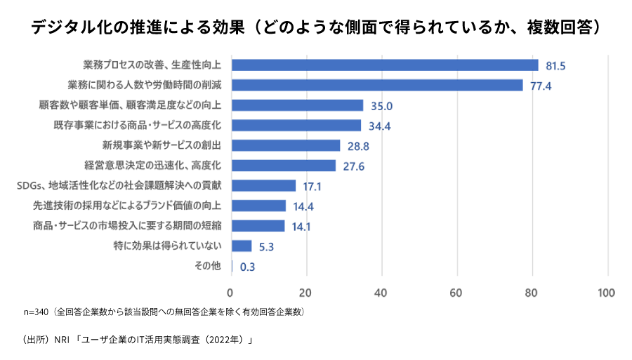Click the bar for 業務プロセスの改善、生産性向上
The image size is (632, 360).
385,65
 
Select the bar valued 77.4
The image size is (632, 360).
377,86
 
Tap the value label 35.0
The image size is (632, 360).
381,106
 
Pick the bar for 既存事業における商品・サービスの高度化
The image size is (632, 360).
296,126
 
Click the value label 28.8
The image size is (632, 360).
358,146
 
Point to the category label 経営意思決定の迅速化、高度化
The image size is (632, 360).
153,166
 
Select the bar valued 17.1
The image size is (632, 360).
263,186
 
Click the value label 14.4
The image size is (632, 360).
304,206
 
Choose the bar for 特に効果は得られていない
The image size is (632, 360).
242,246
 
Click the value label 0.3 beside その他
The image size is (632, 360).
247,267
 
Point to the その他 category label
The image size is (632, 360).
207,266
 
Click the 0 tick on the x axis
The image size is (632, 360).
231,292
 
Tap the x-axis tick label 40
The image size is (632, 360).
381,292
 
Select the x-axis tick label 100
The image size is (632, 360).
605,292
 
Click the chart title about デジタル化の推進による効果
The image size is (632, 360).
316,27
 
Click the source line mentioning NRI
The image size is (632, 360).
138,340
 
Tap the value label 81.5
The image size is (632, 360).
555,66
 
